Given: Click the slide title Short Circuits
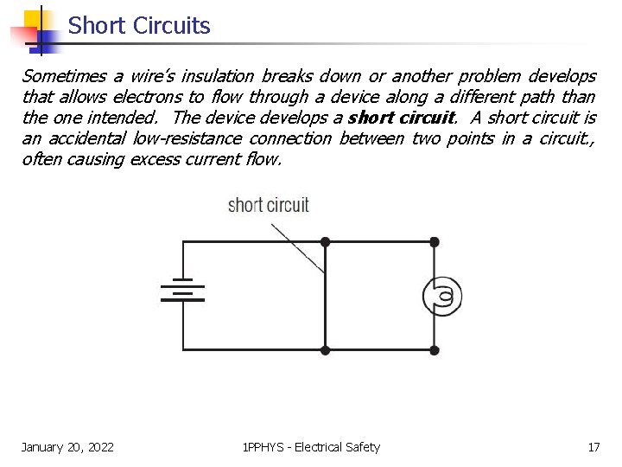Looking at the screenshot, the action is click(139, 26).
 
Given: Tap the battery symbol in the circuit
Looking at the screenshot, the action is click(182, 291).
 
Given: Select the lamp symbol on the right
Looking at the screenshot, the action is click(442, 297).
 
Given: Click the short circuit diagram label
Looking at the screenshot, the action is click(268, 205).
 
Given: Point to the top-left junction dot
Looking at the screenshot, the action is click(325, 242).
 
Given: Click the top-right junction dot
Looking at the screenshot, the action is click(435, 242).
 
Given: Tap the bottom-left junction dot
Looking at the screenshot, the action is click(325, 350).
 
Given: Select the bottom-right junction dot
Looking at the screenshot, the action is click(435, 350).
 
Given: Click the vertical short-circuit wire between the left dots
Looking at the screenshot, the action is click(325, 303).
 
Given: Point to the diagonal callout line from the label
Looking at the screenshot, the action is click(298, 246).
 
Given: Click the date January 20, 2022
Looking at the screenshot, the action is click(67, 447).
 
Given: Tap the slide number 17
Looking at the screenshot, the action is click(593, 447).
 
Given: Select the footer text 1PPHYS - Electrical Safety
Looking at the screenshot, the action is click(311, 447).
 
